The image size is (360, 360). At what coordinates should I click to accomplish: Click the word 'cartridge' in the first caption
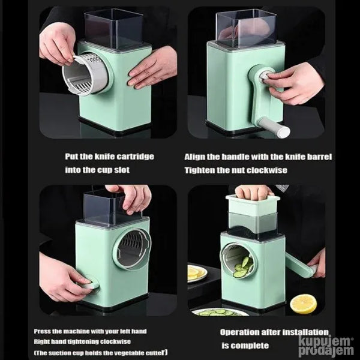[134, 157]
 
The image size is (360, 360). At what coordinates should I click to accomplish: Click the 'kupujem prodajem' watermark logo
[326, 346]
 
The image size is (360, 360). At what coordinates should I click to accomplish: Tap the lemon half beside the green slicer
[303, 304]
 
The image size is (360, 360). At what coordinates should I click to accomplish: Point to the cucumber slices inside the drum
[243, 267]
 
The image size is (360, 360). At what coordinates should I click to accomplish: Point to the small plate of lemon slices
[197, 273]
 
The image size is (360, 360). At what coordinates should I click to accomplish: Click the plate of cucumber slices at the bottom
[220, 312]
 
